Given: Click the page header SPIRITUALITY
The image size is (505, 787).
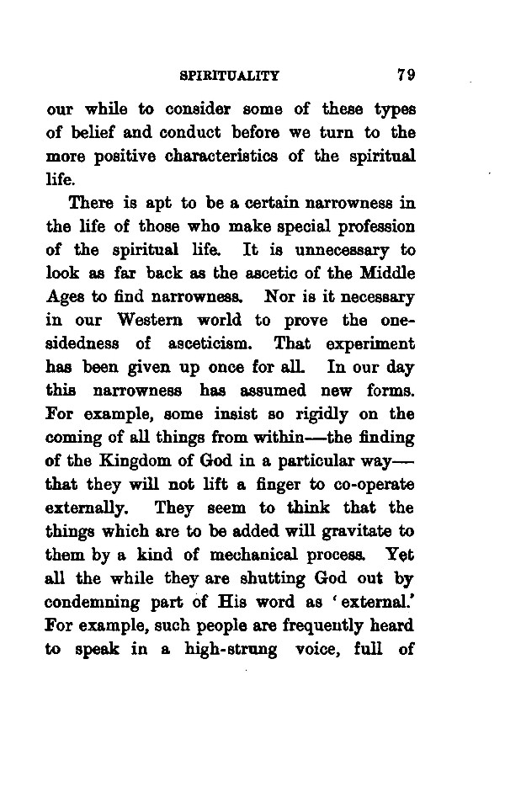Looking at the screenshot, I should click(230, 76).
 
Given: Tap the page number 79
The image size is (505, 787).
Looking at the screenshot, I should click(407, 75).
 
